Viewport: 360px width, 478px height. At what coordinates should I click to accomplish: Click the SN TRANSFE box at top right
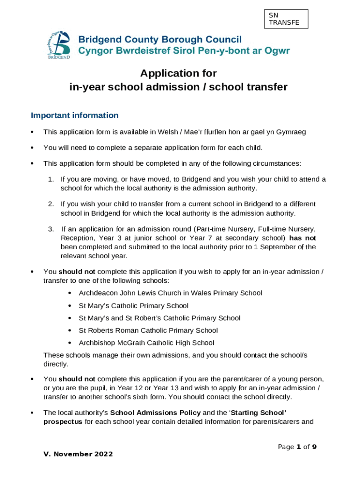click(286, 19)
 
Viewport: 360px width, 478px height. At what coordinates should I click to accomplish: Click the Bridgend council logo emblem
click(59, 45)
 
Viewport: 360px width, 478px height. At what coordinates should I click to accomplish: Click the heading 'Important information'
click(74, 115)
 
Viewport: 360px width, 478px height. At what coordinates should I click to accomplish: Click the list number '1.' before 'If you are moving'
click(51, 179)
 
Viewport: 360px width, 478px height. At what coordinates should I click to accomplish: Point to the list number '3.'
click(51, 229)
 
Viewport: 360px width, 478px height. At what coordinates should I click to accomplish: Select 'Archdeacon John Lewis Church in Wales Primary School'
click(170, 293)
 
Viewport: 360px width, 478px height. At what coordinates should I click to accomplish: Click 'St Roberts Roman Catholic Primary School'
click(148, 330)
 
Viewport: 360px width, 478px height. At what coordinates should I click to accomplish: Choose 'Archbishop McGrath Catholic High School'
click(146, 343)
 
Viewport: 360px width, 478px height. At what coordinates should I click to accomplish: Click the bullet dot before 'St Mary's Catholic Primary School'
click(69, 306)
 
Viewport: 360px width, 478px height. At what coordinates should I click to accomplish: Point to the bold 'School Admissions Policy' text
click(155, 413)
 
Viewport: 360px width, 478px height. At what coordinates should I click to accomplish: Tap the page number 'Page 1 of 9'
click(297, 447)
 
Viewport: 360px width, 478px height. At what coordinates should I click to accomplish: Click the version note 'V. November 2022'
click(78, 455)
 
